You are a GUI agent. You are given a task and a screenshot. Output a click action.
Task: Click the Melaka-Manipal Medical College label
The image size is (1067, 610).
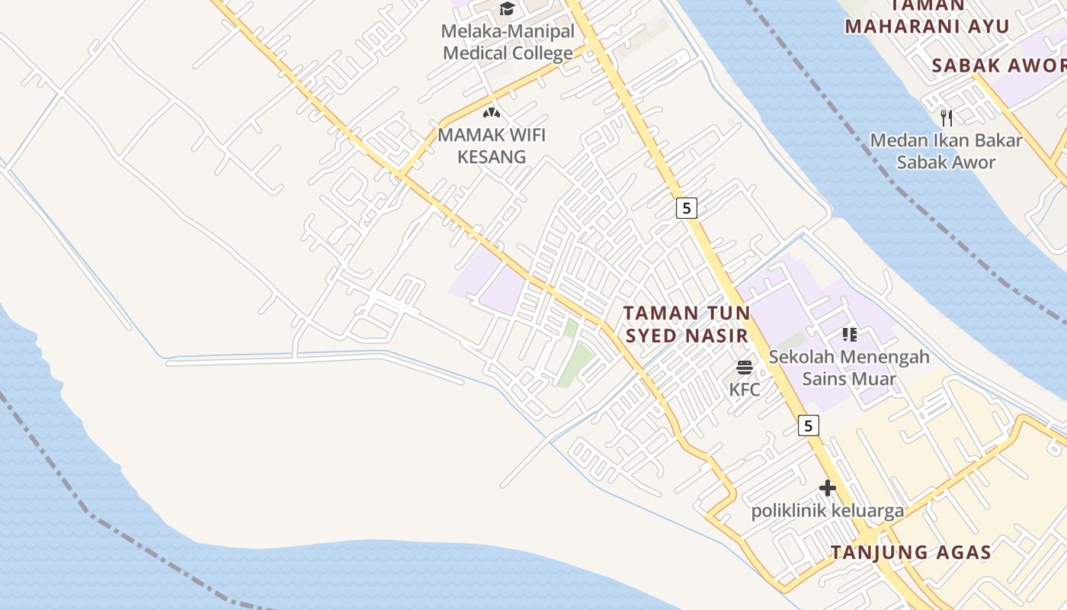point(508,43)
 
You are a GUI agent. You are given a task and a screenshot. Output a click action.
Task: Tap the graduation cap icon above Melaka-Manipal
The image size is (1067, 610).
point(507,9)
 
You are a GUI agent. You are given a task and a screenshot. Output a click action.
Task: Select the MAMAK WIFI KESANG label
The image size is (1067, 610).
point(492,146)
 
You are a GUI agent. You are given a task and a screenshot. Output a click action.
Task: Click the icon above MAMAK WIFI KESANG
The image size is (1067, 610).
point(492,113)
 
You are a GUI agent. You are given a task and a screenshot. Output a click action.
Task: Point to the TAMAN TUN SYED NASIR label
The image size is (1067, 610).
point(687,324)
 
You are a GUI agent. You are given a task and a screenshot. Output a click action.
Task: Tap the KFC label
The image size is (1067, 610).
point(745,390)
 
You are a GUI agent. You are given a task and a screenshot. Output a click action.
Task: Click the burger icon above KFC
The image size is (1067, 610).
point(745,368)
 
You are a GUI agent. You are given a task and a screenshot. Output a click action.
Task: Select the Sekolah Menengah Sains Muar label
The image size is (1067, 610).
point(849,368)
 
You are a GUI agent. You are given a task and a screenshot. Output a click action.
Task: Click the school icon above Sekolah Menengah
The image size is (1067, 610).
point(850,334)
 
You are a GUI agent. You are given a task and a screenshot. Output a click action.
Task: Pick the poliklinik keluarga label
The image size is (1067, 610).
point(828,511)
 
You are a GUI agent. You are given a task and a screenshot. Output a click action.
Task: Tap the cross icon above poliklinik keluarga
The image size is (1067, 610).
point(828,488)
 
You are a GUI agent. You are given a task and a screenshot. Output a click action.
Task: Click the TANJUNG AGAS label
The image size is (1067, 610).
point(911,552)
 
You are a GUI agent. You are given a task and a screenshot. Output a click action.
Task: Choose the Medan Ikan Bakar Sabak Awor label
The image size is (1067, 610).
point(946,151)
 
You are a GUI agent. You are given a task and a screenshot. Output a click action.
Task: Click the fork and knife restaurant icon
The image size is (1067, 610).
point(947,117)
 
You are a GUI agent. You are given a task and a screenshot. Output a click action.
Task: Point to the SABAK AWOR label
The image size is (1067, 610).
point(998,66)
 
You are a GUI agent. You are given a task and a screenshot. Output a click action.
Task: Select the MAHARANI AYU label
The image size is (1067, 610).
point(927,26)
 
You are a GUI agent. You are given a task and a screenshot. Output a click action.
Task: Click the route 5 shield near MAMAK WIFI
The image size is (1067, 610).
point(687,207)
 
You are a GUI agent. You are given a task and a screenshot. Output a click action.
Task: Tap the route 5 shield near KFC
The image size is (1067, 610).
point(809,425)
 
